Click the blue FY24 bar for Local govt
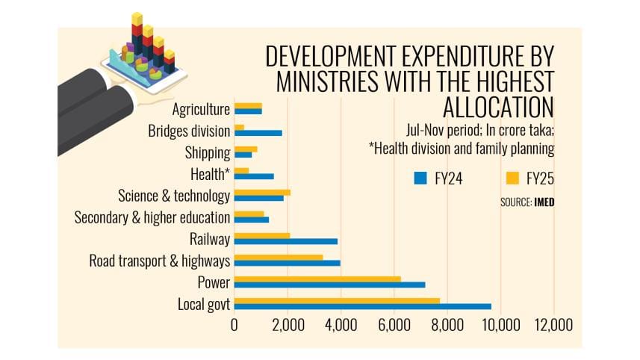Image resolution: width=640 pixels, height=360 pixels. tap(362, 306)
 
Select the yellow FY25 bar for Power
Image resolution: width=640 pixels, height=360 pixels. tap(317, 279)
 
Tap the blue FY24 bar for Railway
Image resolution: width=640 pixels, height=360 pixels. tap(286, 241)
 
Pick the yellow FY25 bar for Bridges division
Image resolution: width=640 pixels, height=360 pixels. tap(240, 128)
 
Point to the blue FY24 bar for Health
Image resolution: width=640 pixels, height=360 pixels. tap(254, 176)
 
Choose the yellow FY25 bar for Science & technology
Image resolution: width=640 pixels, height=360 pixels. tap(262, 193)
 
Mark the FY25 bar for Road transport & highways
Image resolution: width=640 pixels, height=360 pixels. tap(279, 257)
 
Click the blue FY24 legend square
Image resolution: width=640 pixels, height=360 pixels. tap(420, 178)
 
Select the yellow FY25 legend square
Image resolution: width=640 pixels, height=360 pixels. tap(512, 178)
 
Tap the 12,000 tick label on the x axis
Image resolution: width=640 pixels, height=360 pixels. tap(553, 326)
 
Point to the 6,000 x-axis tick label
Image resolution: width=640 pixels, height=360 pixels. tap(394, 326)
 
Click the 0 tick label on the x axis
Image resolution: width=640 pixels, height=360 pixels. tap(234, 326)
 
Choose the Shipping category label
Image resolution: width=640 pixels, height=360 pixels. tap(207, 153)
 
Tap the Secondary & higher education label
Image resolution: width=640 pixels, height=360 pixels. tap(152, 218)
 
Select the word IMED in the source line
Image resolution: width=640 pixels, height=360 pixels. tap(544, 202)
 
